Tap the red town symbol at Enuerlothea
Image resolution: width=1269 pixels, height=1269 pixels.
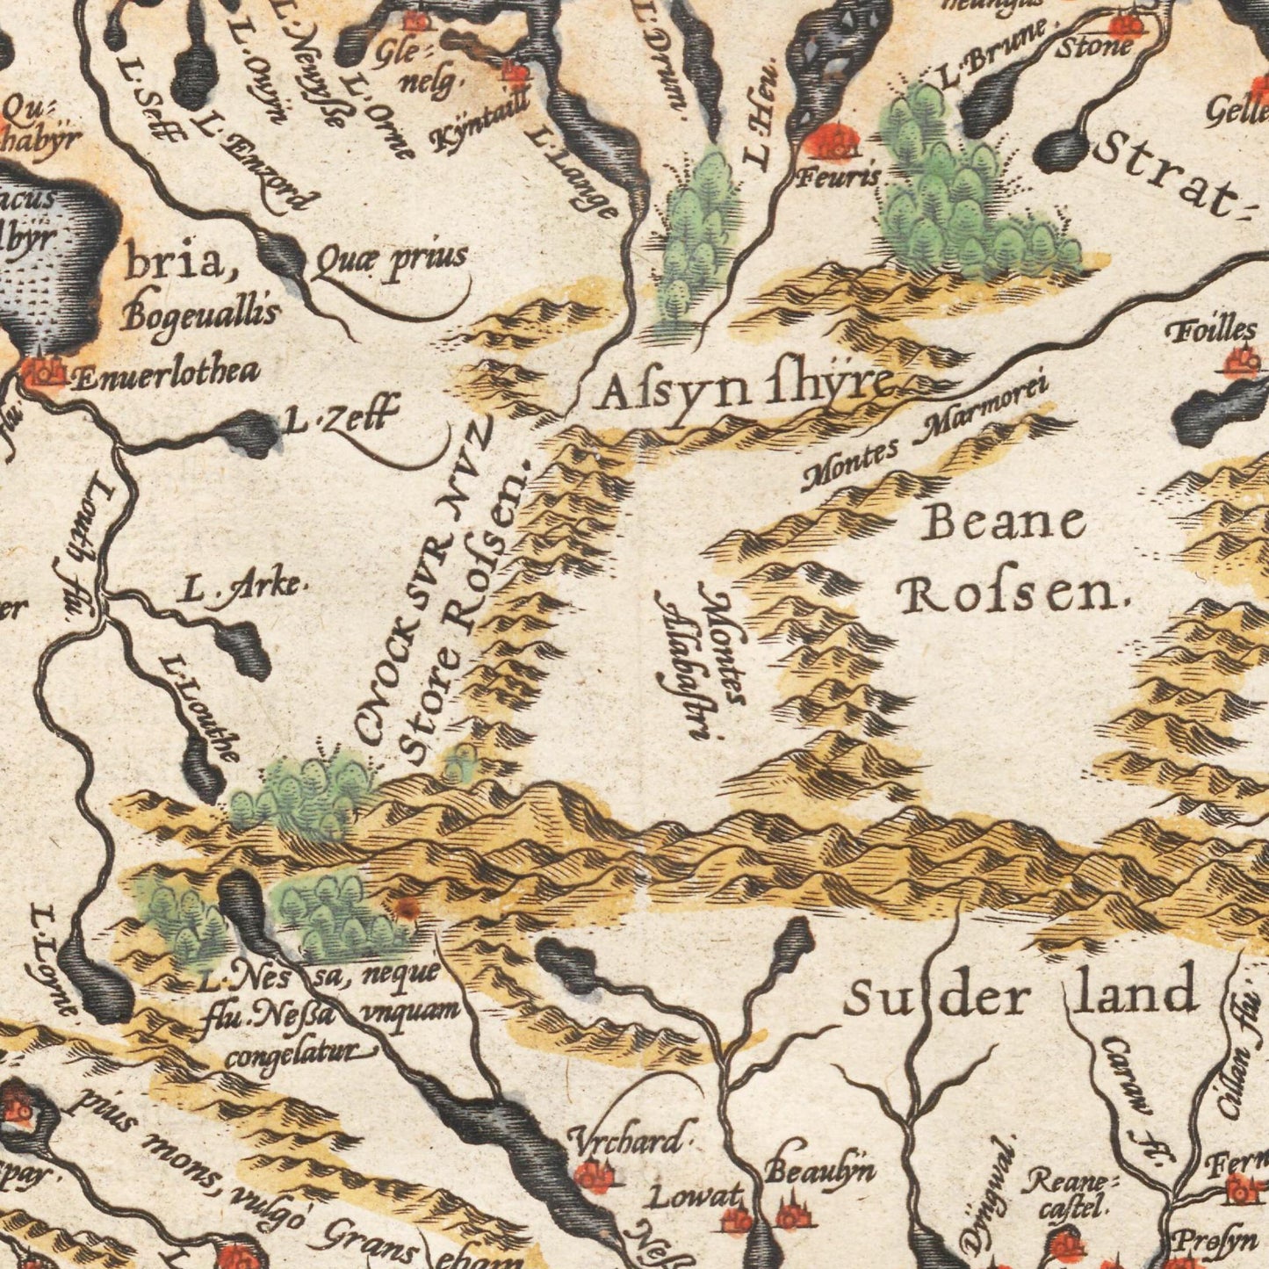pos(40,373)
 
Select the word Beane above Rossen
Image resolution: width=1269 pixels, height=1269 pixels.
pos(1004,524)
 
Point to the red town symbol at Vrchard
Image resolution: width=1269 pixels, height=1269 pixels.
pos(594,1175)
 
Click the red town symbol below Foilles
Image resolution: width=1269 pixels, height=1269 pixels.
pos(1241,362)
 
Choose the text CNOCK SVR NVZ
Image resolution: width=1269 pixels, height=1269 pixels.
pos(425,580)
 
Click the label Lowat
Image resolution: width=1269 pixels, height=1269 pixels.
pos(697,1196)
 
